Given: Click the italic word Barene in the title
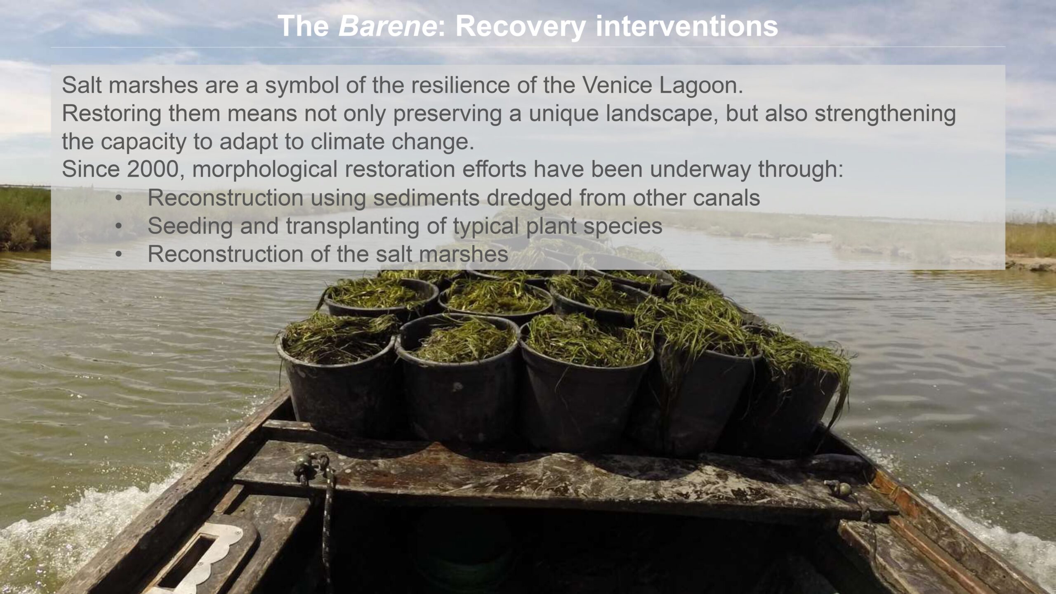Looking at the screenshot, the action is pos(387,26).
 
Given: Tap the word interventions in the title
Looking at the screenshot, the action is pos(687,26).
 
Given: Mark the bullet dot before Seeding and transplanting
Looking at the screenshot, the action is pos(119,226).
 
